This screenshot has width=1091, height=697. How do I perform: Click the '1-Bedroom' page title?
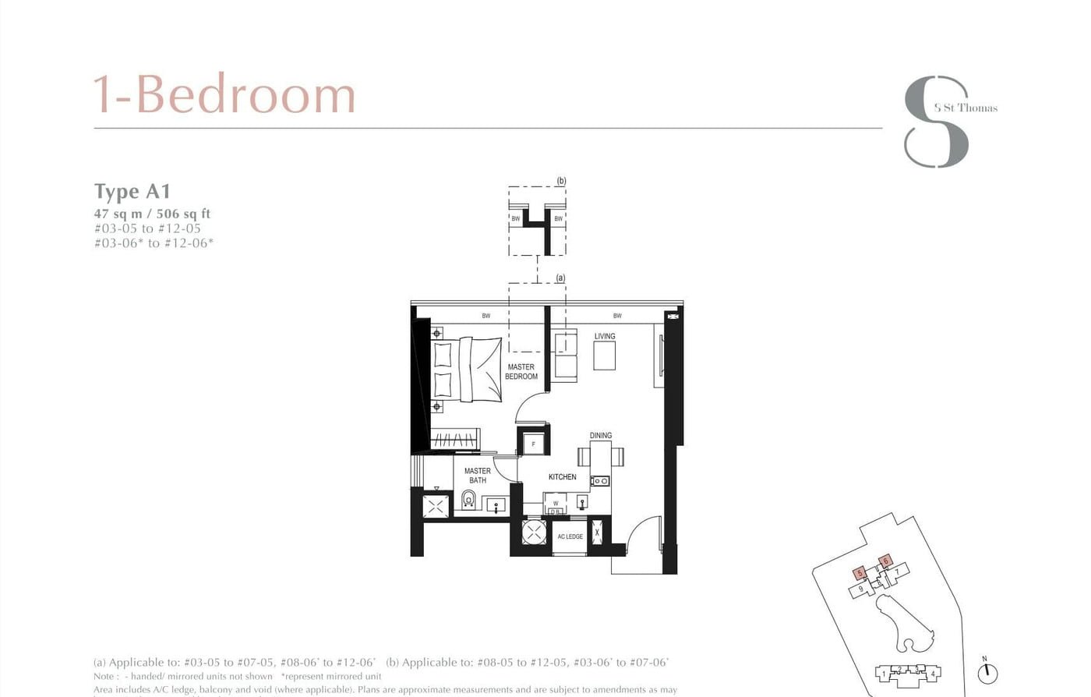pos(224,94)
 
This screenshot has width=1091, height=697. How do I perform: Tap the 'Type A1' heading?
pos(132,191)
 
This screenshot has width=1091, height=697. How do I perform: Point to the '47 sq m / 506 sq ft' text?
pos(152,214)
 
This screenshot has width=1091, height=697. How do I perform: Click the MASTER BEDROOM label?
pos(521,372)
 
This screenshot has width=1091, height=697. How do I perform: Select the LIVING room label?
pos(605,336)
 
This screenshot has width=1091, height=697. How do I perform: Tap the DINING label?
pos(600,435)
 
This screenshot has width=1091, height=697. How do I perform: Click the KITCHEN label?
pos(562,476)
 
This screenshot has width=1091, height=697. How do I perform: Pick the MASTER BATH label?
pos(477,476)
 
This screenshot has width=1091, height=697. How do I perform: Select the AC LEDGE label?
pos(570,536)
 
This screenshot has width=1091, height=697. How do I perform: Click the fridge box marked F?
pos(534,444)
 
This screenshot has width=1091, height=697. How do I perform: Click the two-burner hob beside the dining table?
pos(599,481)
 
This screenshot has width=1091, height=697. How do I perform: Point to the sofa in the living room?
pos(564,355)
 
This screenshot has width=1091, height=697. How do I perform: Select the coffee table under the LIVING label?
pos(604,356)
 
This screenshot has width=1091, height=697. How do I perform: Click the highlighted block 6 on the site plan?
pos(885,561)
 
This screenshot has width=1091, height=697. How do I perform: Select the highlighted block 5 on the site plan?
pos(860,573)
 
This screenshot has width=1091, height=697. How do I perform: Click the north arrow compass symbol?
pos(987,671)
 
